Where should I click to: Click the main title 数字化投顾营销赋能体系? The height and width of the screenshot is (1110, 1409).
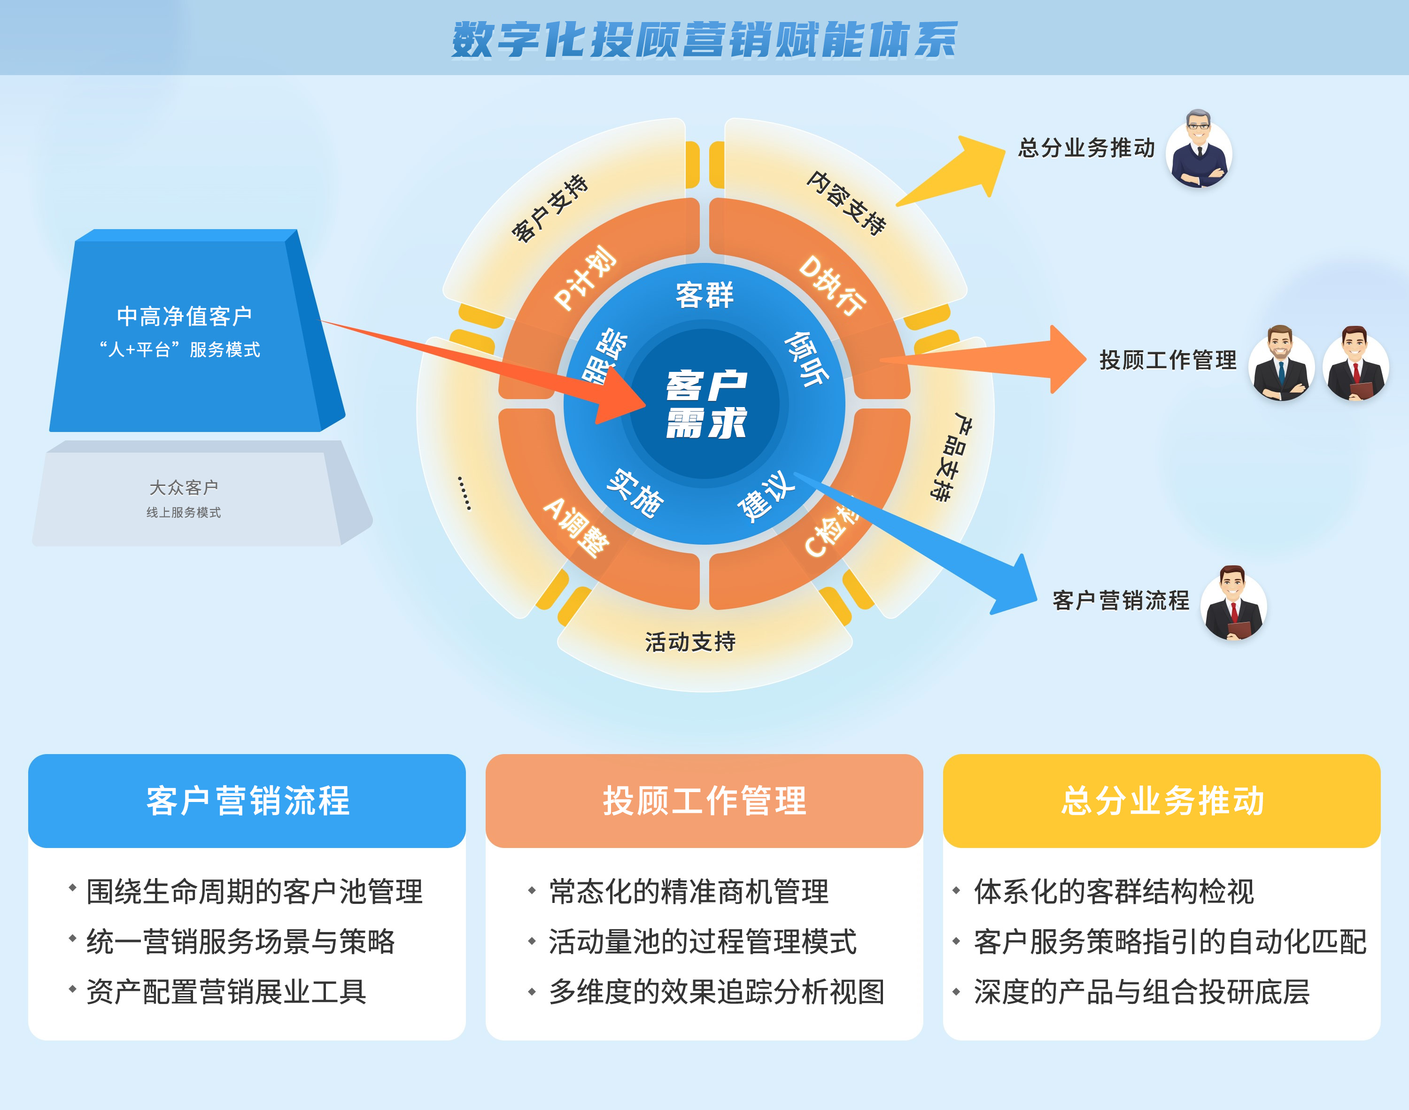click(704, 39)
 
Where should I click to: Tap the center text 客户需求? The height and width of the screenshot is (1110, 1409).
click(706, 404)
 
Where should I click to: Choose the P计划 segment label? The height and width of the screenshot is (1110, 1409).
click(584, 278)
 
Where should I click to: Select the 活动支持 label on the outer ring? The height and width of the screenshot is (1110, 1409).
click(690, 642)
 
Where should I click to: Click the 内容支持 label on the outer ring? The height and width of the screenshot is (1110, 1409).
click(847, 203)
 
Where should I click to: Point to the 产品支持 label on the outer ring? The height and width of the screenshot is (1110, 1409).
click(950, 456)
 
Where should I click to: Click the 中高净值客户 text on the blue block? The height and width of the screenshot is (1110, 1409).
click(185, 316)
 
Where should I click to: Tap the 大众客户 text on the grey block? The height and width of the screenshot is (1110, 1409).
click(184, 487)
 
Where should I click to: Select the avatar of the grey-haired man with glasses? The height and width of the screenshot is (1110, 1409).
click(1199, 149)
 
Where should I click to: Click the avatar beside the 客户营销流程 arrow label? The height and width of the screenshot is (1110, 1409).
click(1233, 602)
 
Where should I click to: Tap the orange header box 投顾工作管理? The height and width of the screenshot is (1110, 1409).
click(704, 801)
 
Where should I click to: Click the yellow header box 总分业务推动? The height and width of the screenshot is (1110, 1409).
click(1161, 801)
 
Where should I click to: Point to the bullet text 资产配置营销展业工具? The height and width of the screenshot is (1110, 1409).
click(226, 992)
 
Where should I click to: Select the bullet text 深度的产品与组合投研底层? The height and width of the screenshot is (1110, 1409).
click(1141, 992)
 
